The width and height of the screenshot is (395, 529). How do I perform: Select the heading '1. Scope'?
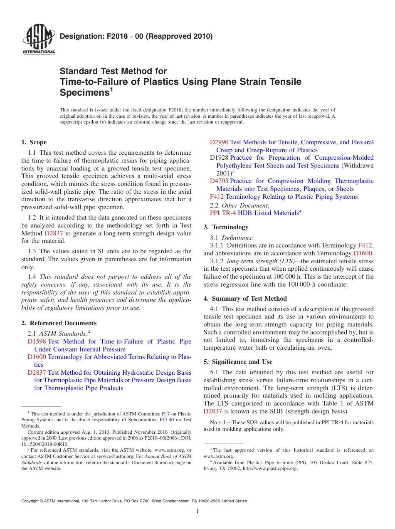point(34,142)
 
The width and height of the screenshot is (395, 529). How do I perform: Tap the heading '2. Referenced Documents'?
point(59,323)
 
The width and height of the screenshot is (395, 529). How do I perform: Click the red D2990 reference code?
point(219,142)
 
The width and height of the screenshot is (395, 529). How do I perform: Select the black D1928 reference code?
point(219,158)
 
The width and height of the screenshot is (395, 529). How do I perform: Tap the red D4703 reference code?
point(219,181)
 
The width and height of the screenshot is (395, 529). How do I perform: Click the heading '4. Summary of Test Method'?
point(245,299)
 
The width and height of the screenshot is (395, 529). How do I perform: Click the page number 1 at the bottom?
point(197,511)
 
